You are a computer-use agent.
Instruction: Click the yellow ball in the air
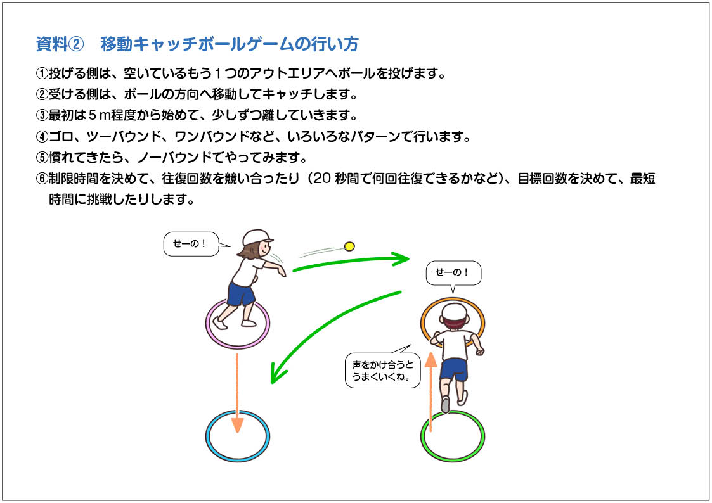tap(349, 246)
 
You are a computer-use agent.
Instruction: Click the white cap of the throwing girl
tap(257, 237)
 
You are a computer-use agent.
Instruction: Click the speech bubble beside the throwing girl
tap(191, 244)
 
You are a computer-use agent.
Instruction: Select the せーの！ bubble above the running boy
tap(453, 273)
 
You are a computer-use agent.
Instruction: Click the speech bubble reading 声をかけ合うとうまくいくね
tap(383, 371)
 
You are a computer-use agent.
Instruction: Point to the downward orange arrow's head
tap(238, 425)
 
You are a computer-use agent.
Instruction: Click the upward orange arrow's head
tap(430, 360)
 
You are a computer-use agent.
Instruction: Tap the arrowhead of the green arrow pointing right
tap(401, 259)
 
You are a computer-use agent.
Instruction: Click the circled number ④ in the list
tap(42, 137)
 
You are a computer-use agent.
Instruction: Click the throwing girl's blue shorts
tap(241, 293)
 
